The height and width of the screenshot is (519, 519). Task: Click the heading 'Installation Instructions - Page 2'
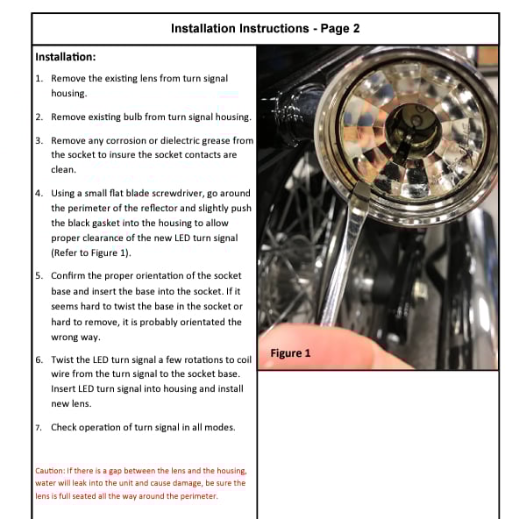click(265, 28)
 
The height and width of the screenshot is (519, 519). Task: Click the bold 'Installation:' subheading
click(66, 57)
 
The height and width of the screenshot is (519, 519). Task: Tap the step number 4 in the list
click(39, 193)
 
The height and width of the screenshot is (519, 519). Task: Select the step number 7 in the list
click(39, 428)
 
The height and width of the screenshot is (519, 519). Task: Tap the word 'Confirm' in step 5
click(68, 275)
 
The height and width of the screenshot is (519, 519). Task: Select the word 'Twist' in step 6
click(62, 359)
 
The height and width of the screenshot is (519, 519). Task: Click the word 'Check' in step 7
click(63, 427)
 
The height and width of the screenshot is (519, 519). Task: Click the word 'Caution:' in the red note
click(50, 471)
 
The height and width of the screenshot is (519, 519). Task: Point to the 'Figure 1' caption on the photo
click(290, 353)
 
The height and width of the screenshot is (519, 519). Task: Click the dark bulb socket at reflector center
click(413, 132)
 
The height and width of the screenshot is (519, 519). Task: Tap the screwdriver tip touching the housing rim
click(360, 191)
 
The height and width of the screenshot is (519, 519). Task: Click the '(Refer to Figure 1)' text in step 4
click(91, 252)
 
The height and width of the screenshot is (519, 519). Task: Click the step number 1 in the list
click(39, 79)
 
